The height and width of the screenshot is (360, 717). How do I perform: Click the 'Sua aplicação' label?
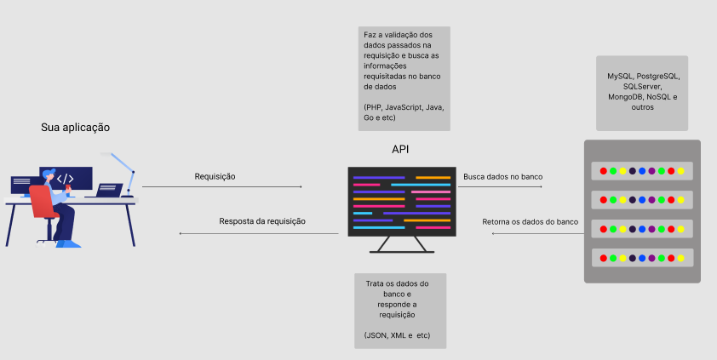coord(75,127)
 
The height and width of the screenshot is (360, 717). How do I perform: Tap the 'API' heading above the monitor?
coord(400,149)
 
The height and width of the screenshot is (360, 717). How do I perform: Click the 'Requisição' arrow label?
coord(215,176)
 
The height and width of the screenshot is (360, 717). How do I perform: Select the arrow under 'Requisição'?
coord(221,186)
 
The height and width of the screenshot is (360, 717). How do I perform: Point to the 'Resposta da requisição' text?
coord(262,221)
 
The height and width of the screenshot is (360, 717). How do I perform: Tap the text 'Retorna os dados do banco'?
coord(530,221)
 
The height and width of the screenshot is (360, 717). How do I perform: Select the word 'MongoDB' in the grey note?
coord(626,97)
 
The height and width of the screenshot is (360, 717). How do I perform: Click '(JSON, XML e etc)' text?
coord(397,335)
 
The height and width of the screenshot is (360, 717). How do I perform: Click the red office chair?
coord(43,204)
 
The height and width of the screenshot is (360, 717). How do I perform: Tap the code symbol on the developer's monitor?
coord(65,179)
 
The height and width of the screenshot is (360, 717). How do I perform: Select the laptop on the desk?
coord(108,190)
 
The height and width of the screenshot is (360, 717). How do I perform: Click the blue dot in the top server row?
coord(642,171)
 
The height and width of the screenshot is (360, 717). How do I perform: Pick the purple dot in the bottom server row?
coord(651,256)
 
